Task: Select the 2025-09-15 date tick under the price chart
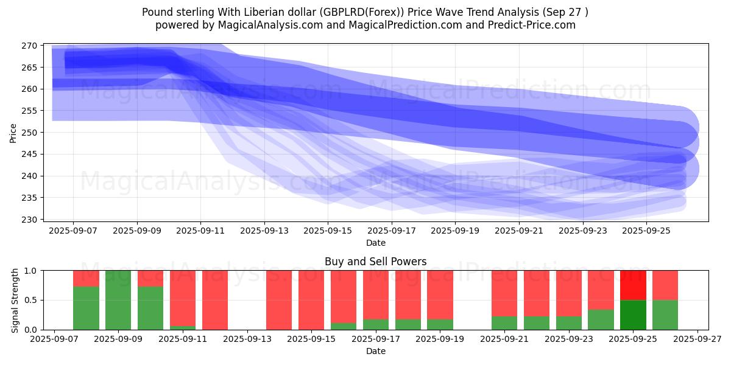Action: [328, 231]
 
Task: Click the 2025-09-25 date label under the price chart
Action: [646, 231]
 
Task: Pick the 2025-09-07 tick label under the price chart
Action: [73, 231]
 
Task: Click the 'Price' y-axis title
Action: [13, 133]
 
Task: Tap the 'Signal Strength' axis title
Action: [15, 300]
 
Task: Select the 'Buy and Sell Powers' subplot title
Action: [375, 262]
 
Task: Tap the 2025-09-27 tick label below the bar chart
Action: [697, 339]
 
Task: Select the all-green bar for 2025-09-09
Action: [118, 300]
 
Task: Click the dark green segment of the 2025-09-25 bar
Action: [633, 315]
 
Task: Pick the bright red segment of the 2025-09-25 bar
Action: [633, 285]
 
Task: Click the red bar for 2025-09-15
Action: [311, 300]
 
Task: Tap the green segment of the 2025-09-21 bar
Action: [504, 323]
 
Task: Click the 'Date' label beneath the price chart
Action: [375, 243]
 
